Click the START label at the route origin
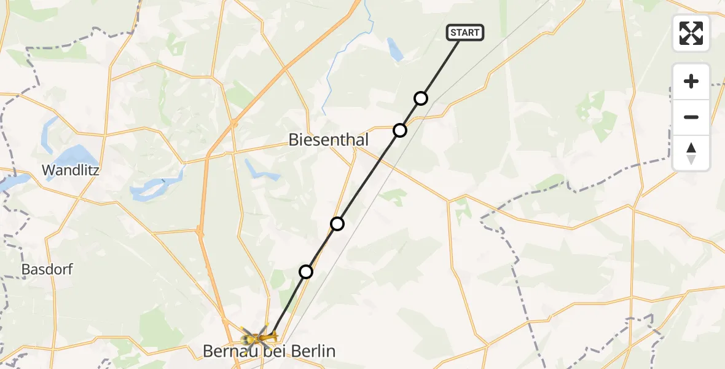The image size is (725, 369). pyautogui.click(x=466, y=33)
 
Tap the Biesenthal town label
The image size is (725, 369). pyautogui.click(x=329, y=140)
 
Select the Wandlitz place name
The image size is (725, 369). pyautogui.click(x=71, y=170)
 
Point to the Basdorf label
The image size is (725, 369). pyautogui.click(x=47, y=269)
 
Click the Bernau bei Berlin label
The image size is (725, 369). pyautogui.click(x=270, y=352)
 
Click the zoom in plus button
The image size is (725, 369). pyautogui.click(x=691, y=81)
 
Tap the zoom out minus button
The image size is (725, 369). pyautogui.click(x=691, y=117)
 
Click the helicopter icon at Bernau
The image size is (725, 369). pyautogui.click(x=259, y=337)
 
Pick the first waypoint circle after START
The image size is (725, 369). pyautogui.click(x=421, y=98)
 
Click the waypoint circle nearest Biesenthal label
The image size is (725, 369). pyautogui.click(x=400, y=130)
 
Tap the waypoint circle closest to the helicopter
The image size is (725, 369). pyautogui.click(x=306, y=272)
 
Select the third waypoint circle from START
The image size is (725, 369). pyautogui.click(x=337, y=224)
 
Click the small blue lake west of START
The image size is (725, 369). pyautogui.click(x=395, y=49)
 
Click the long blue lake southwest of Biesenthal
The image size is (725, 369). pyautogui.click(x=154, y=188)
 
